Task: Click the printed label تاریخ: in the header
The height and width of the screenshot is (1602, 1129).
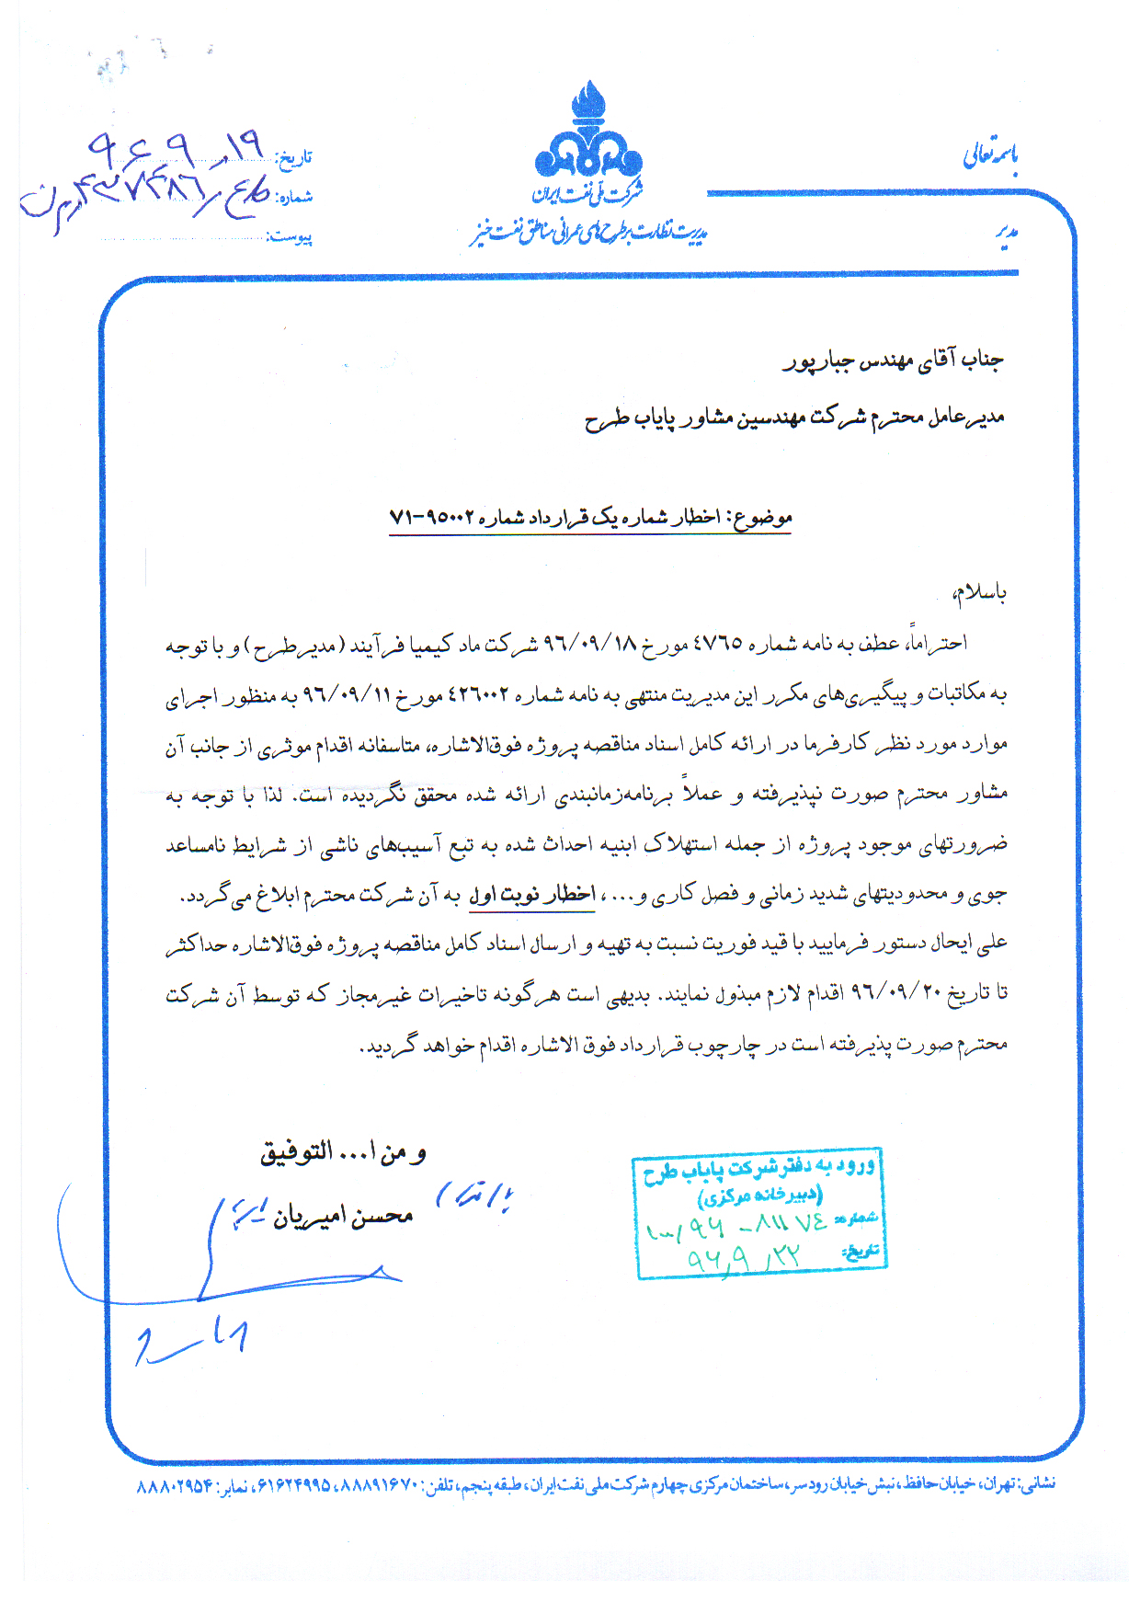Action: pyautogui.click(x=295, y=157)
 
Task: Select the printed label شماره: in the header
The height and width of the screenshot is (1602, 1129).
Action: pyautogui.click(x=295, y=197)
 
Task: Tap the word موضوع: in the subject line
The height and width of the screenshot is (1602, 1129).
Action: pyautogui.click(x=761, y=518)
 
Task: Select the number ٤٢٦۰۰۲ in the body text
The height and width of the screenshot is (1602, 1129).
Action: pyautogui.click(x=478, y=693)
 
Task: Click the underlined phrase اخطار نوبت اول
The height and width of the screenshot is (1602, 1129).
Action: pyautogui.click(x=532, y=893)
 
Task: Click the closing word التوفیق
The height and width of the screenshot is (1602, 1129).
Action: pyautogui.click(x=296, y=1153)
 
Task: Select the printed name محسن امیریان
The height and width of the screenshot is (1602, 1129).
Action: pyautogui.click(x=343, y=1216)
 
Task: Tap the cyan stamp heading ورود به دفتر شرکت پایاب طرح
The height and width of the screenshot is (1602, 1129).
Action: pyautogui.click(x=759, y=1170)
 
